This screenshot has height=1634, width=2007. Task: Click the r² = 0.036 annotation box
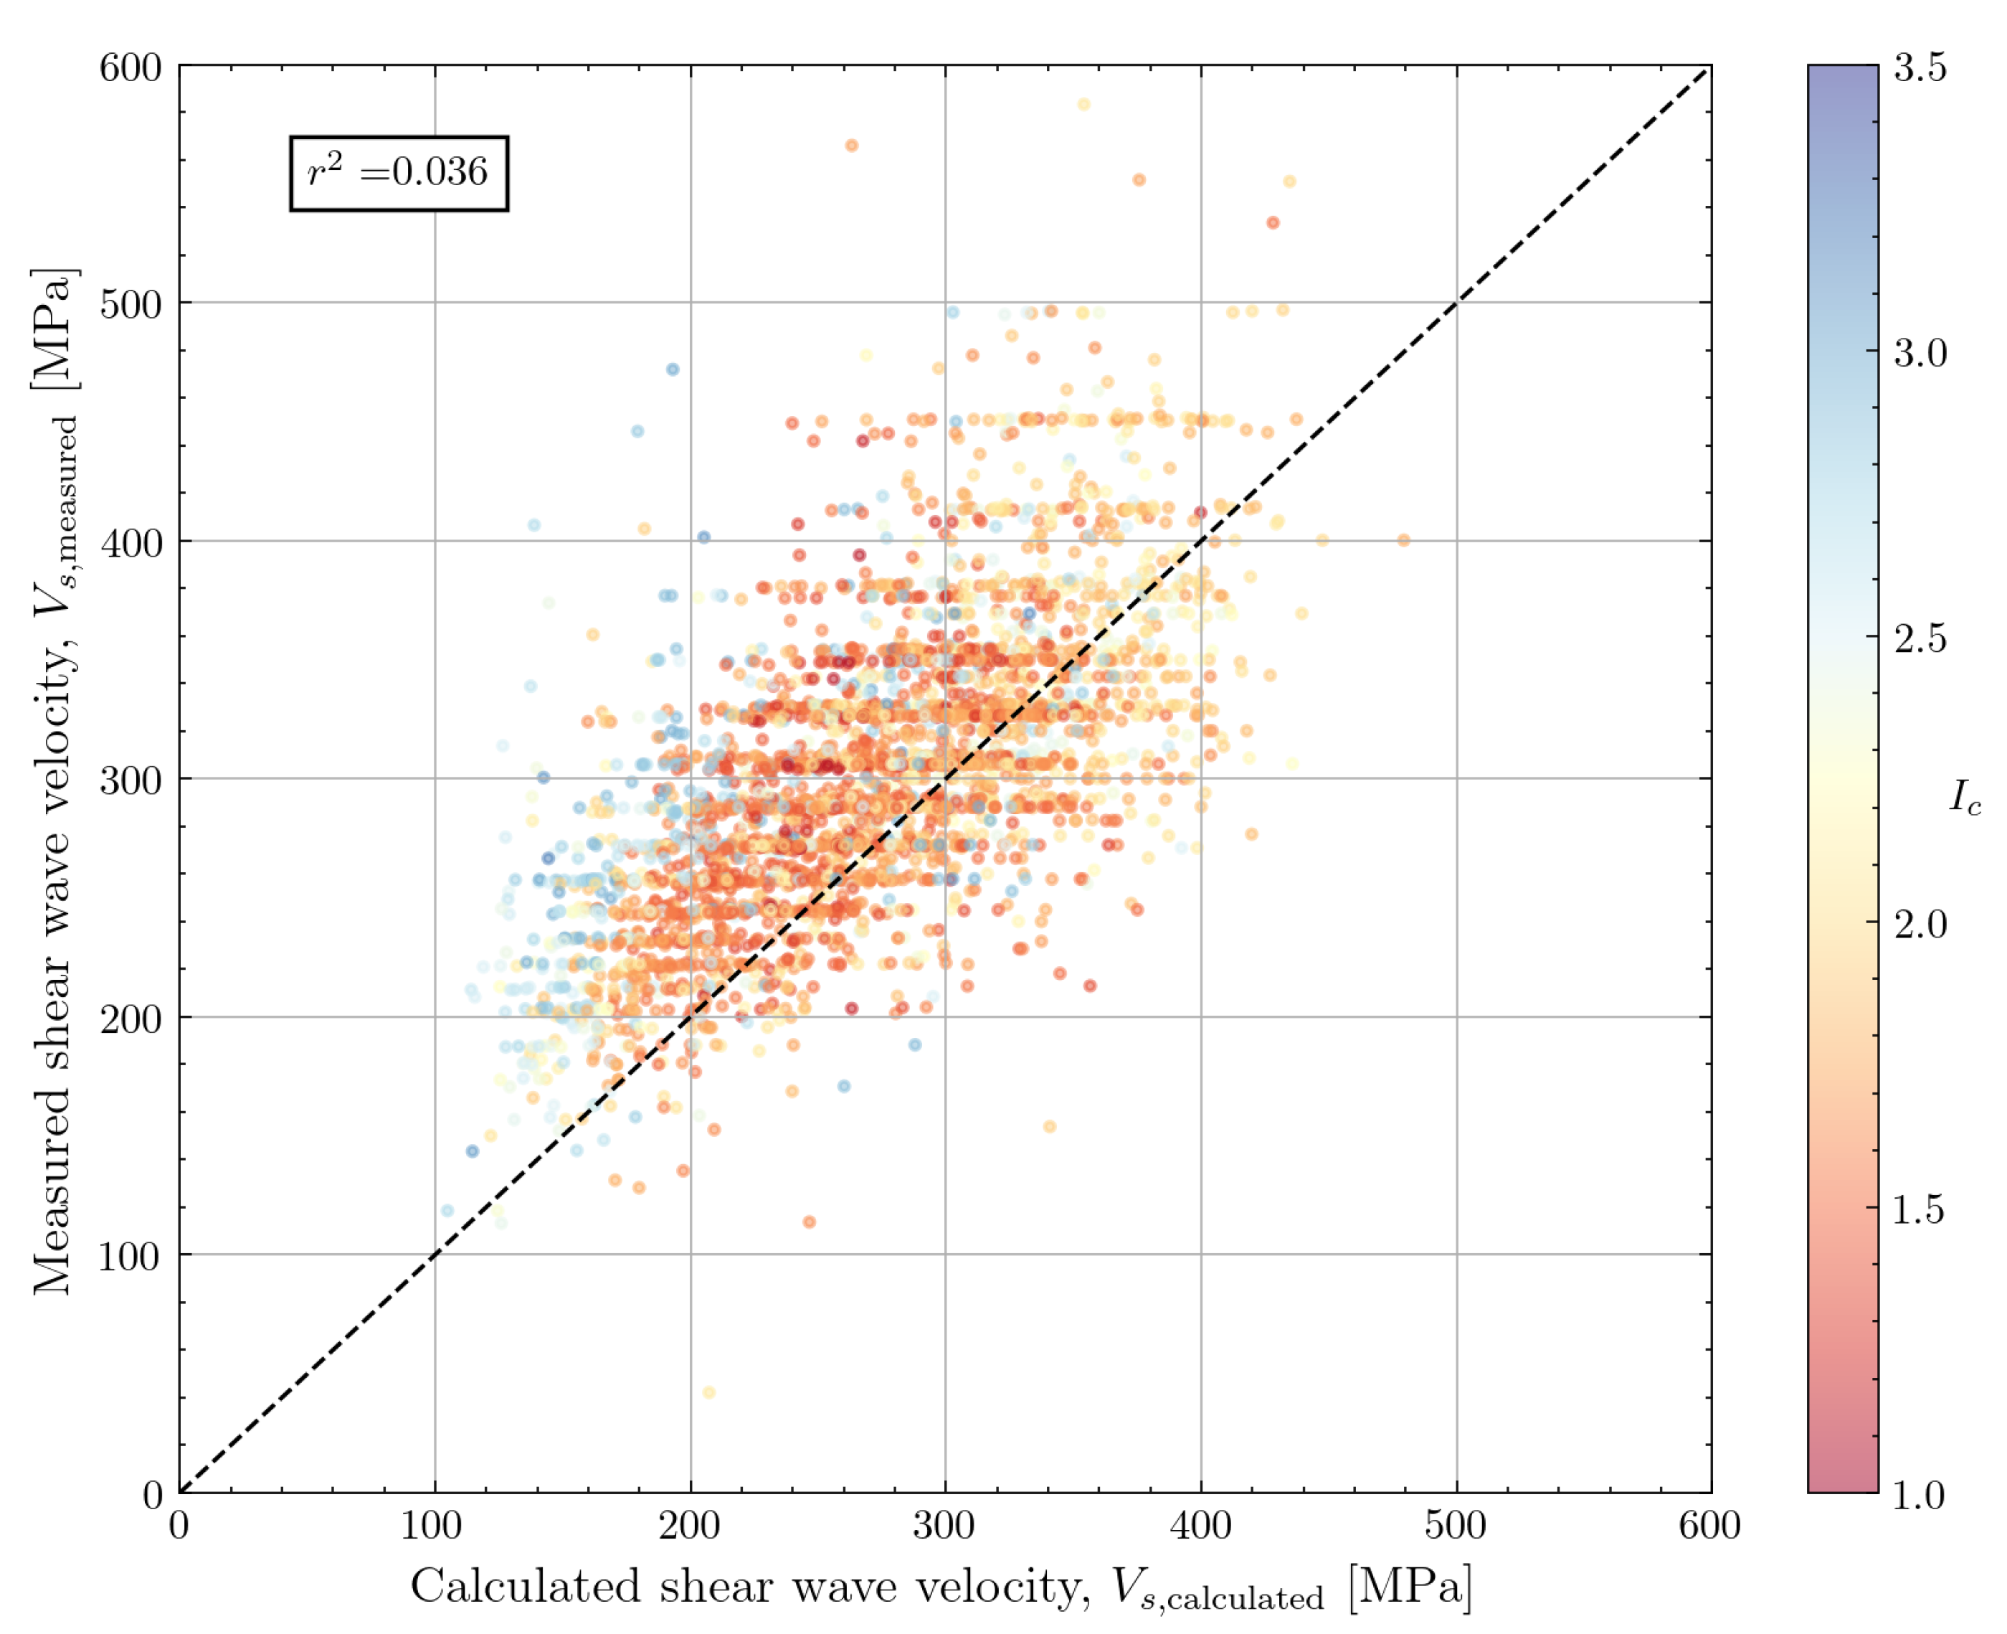point(399,173)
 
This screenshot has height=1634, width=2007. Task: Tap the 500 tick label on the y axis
point(130,304)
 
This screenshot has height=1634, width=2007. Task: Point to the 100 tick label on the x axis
point(432,1526)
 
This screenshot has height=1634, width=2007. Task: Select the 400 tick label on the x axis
point(1200,1526)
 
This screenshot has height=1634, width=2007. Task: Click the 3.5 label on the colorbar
point(1920,67)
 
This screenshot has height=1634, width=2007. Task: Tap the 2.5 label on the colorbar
point(1920,638)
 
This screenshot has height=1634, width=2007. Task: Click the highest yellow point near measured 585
point(1084,105)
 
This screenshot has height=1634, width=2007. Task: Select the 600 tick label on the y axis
point(130,67)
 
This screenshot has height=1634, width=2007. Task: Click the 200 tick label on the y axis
point(130,1019)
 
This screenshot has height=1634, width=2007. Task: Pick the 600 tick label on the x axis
point(1709,1526)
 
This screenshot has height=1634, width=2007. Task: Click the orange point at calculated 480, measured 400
point(1404,540)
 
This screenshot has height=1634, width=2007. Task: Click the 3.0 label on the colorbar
point(1920,353)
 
